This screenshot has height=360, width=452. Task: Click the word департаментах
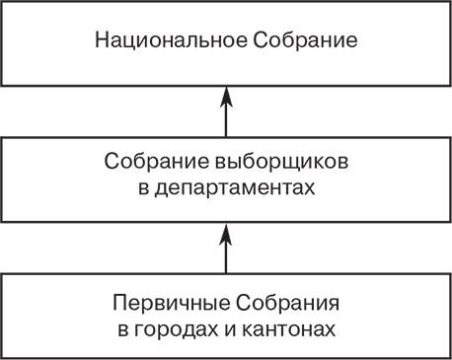tap(235, 187)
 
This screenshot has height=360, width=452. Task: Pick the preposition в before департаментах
tap(144, 187)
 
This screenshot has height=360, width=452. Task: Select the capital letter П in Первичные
tap(119, 303)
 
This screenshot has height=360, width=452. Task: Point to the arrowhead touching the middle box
tap(226, 233)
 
